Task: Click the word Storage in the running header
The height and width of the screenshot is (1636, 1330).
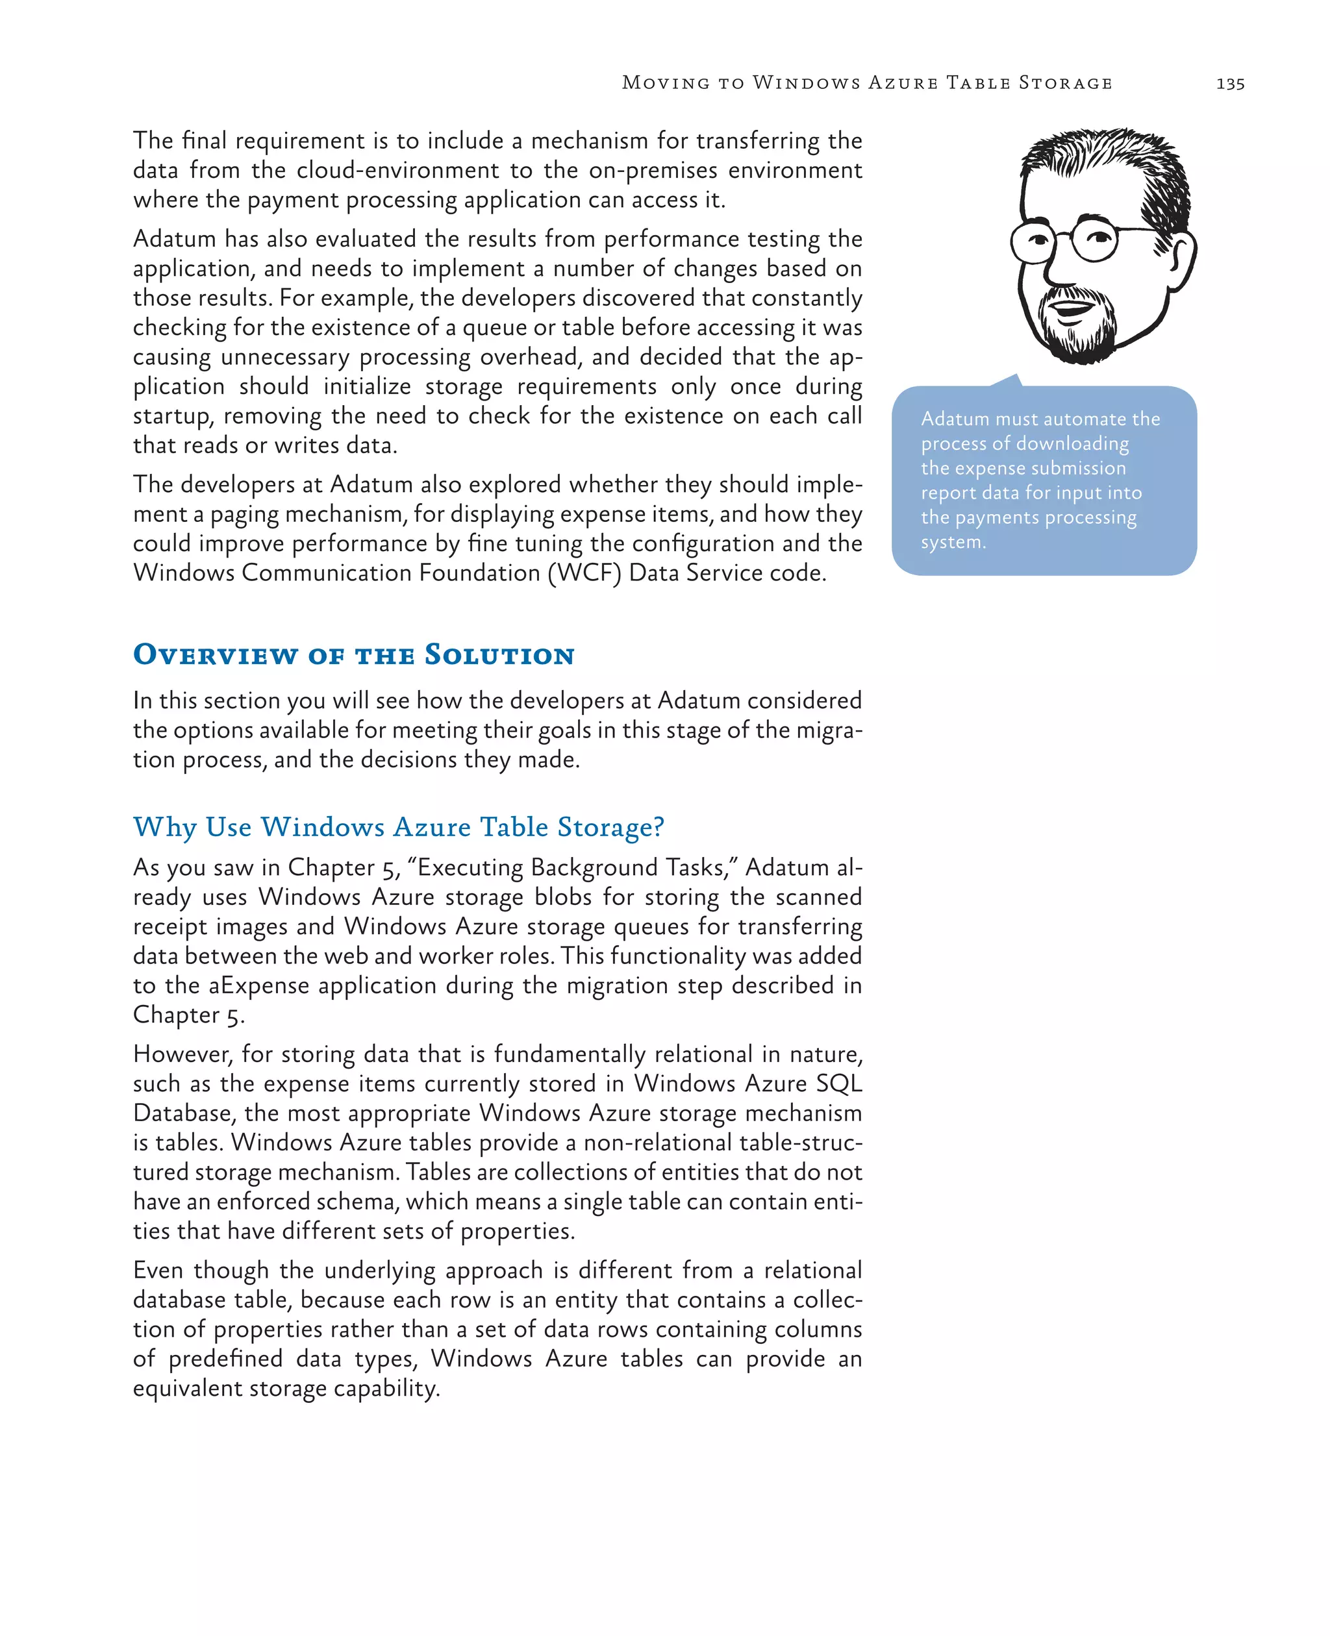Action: click(x=1065, y=82)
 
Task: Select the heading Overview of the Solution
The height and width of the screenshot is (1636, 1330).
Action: click(x=353, y=655)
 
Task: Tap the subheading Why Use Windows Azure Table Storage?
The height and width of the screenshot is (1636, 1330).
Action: click(x=398, y=827)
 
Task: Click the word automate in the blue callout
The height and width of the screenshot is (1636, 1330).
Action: click(x=1062, y=419)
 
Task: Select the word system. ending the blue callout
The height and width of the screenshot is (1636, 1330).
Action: click(x=953, y=542)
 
